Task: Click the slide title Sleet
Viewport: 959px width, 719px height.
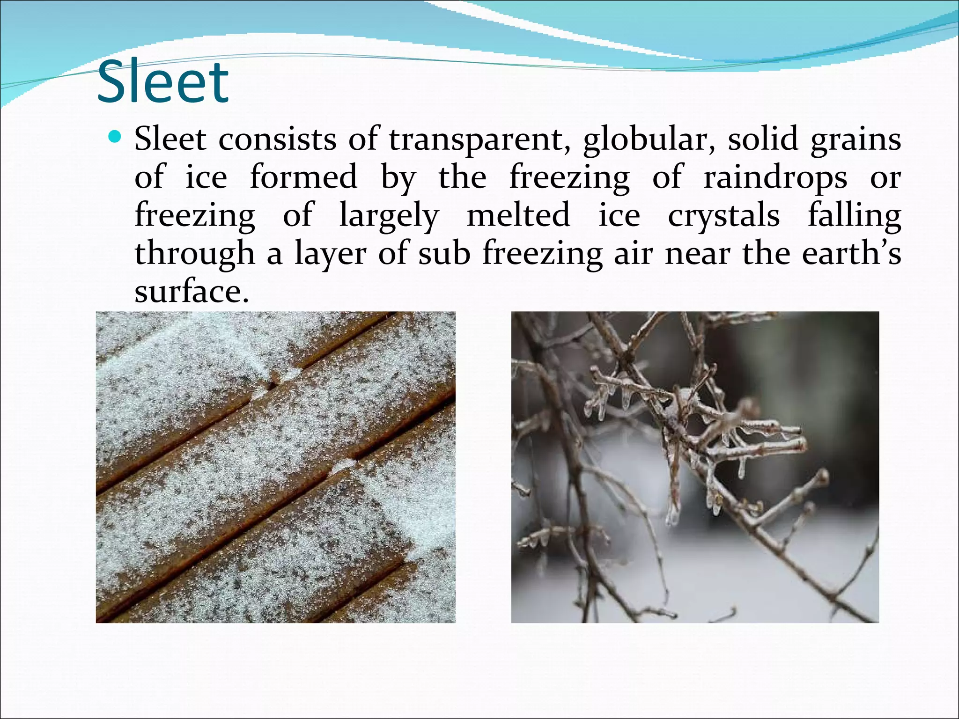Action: click(x=162, y=82)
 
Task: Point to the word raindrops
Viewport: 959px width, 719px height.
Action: click(x=775, y=178)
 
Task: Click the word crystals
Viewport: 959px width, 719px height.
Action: click(x=723, y=216)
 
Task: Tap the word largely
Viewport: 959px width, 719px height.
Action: click(x=389, y=216)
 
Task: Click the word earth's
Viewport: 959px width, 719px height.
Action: click(x=851, y=254)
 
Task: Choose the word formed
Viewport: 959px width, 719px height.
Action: click(x=303, y=178)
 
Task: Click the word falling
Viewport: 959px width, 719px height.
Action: click(x=854, y=216)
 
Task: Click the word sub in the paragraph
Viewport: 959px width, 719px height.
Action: click(x=444, y=254)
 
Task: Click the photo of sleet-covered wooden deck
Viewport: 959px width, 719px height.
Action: click(x=275, y=467)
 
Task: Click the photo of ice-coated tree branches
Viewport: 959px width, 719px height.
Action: click(x=694, y=467)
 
